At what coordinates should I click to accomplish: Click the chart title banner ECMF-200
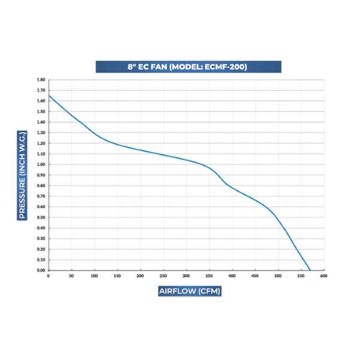(x=188, y=67)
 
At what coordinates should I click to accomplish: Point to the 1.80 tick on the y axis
(x=41, y=80)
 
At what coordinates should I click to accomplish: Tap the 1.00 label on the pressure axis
(x=41, y=164)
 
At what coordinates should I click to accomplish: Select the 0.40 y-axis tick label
(x=41, y=228)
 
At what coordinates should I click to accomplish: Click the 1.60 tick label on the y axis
(x=41, y=101)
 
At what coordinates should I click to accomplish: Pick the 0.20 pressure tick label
(x=41, y=249)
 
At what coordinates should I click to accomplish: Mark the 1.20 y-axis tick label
(x=41, y=143)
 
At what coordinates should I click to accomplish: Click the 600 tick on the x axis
(x=323, y=276)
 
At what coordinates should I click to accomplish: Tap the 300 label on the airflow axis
(x=186, y=276)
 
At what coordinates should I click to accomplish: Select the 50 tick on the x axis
(x=71, y=276)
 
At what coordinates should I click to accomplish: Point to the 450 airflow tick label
(x=255, y=276)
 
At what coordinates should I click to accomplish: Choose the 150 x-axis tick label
(x=117, y=276)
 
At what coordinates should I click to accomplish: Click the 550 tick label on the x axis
(x=301, y=276)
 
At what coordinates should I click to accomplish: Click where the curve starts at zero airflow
(x=49, y=95)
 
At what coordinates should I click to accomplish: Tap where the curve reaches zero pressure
(x=310, y=270)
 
